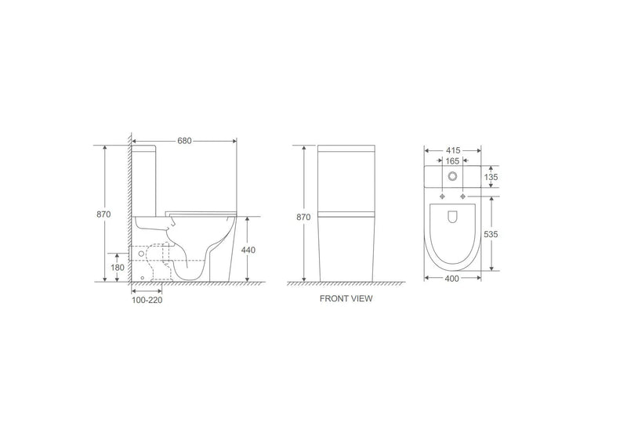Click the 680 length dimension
click(x=185, y=141)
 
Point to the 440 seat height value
click(x=248, y=250)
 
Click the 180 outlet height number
click(x=117, y=267)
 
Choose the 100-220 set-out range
click(x=147, y=298)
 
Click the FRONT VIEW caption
click(x=346, y=299)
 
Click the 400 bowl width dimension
click(x=453, y=279)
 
